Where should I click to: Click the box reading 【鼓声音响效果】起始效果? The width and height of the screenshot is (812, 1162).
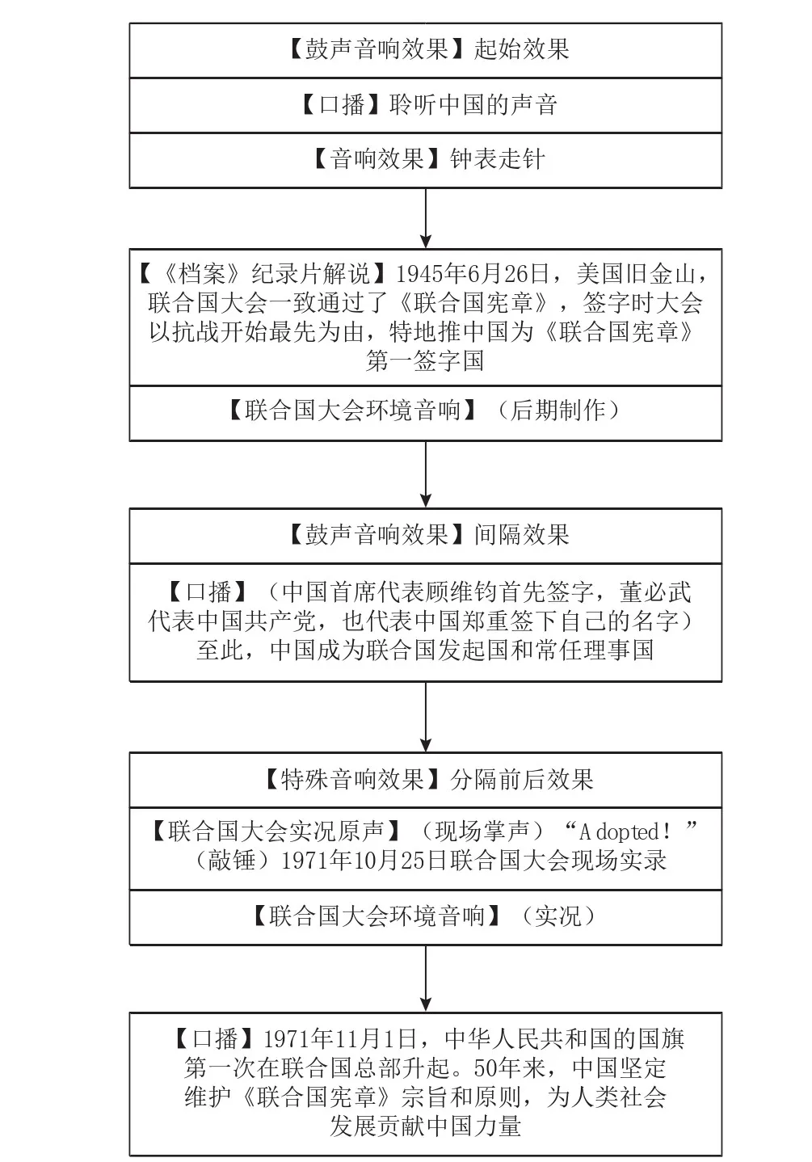click(426, 50)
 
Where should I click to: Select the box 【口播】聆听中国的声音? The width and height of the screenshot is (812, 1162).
click(426, 105)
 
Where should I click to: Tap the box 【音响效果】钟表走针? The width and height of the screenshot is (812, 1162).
click(426, 160)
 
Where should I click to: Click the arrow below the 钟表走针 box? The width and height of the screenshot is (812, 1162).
click(426, 218)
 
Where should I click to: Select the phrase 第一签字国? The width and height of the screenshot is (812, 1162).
click(425, 360)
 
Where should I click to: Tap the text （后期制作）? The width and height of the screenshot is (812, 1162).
click(558, 411)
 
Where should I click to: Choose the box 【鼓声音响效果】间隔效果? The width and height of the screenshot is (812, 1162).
click(426, 535)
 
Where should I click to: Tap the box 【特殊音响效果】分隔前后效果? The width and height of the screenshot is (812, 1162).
click(426, 780)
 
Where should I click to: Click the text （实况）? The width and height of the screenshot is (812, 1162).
click(558, 916)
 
